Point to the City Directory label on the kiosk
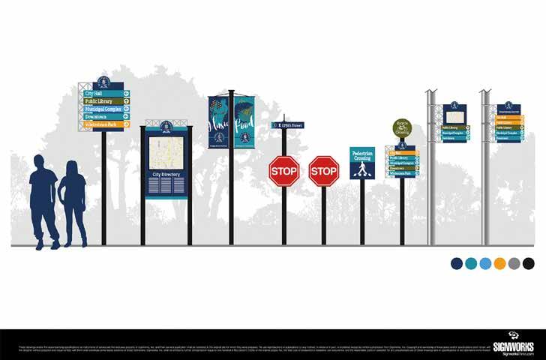[x=166, y=174]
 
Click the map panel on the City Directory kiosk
[x=166, y=152]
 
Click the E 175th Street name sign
[x=288, y=126]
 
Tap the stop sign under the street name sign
[x=284, y=171]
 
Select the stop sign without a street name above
[x=324, y=171]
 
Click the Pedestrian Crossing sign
[x=362, y=163]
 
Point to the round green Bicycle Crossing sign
[x=403, y=127]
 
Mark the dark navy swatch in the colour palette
[x=457, y=263]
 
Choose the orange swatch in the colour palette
[x=499, y=263]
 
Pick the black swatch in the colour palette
[x=528, y=263]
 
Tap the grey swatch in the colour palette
[x=514, y=263]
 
